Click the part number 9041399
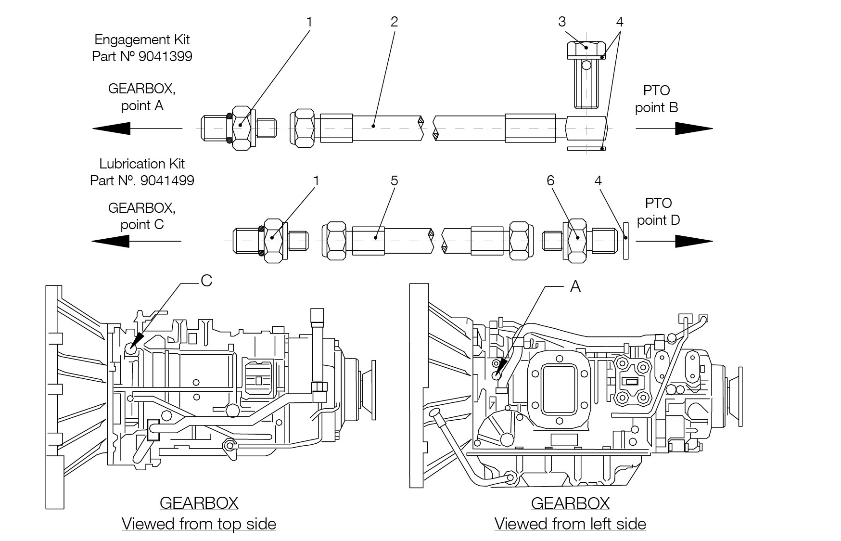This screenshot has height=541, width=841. pos(165,56)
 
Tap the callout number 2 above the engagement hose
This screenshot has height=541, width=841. pos(394,22)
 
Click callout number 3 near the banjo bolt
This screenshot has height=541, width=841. pos(561,22)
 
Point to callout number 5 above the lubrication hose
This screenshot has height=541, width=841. pos(394,180)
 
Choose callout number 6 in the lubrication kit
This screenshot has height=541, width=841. pos(550,180)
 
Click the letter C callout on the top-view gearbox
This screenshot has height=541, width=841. pos(206,281)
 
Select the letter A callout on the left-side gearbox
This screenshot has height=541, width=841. pos(575,287)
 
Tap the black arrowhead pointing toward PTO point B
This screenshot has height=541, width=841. pos(693,129)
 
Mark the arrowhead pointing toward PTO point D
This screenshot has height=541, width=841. pos(693,241)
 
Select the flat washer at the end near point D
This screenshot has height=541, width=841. pos(626,241)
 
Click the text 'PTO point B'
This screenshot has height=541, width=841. pos(656,99)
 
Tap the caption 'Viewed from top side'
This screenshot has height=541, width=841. pos(199,524)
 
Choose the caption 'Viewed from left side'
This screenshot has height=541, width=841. pos(570,524)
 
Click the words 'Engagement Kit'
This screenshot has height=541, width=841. pos(142,39)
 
